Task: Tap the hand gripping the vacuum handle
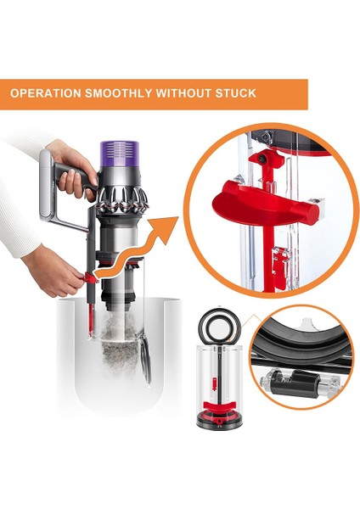pyautogui.click(x=71, y=165)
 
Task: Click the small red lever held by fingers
pyautogui.click(x=88, y=281)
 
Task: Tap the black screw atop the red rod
pyautogui.click(x=275, y=160)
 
